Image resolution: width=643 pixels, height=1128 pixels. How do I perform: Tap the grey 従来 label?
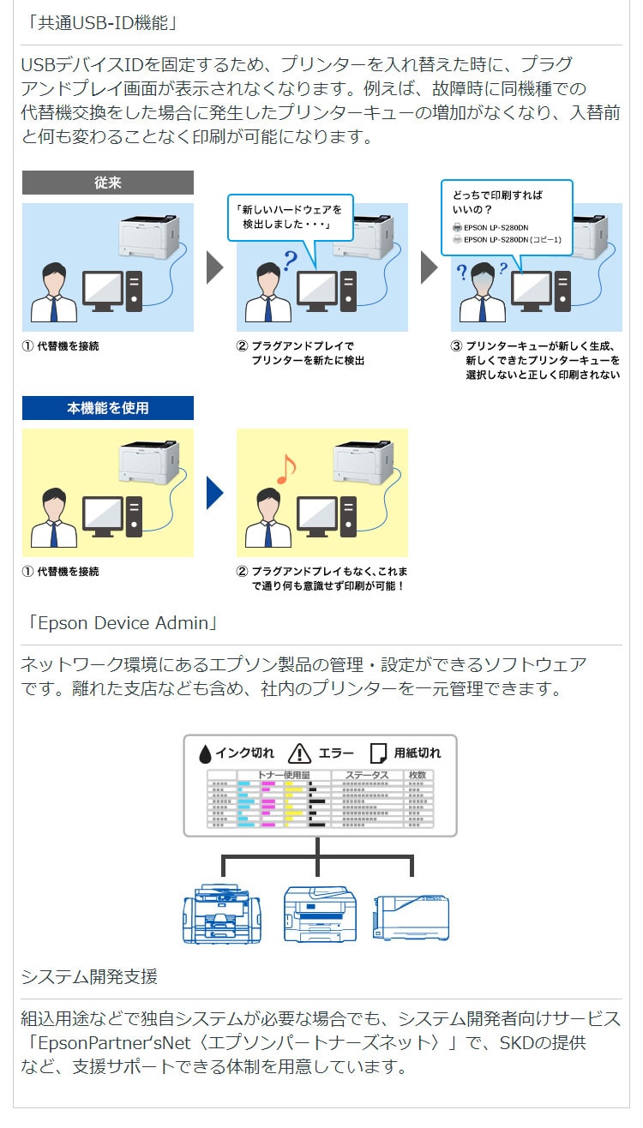[107, 182]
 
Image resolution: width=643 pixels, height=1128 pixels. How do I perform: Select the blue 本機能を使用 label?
[107, 408]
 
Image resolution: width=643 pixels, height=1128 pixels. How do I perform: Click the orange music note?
[285, 468]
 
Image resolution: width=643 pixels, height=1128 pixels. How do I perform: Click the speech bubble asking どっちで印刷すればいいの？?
[506, 217]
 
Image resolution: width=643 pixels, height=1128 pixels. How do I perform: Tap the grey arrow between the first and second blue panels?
[214, 267]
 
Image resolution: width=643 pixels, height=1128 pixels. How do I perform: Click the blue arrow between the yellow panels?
[214, 493]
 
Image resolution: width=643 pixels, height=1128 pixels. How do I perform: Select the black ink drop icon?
[205, 753]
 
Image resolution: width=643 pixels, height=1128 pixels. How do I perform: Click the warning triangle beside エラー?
[299, 753]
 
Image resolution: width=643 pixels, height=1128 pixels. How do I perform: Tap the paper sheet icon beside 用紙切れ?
[378, 753]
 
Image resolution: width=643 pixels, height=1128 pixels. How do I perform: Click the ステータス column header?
[366, 775]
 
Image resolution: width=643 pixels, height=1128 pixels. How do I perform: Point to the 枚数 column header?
[418, 775]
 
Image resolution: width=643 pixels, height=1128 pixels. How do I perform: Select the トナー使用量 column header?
[284, 775]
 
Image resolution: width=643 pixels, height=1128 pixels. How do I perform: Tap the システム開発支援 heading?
[89, 976]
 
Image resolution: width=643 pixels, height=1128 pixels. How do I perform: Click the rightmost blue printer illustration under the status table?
[411, 916]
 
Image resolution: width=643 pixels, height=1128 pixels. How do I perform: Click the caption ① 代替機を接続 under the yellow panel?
[61, 572]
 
